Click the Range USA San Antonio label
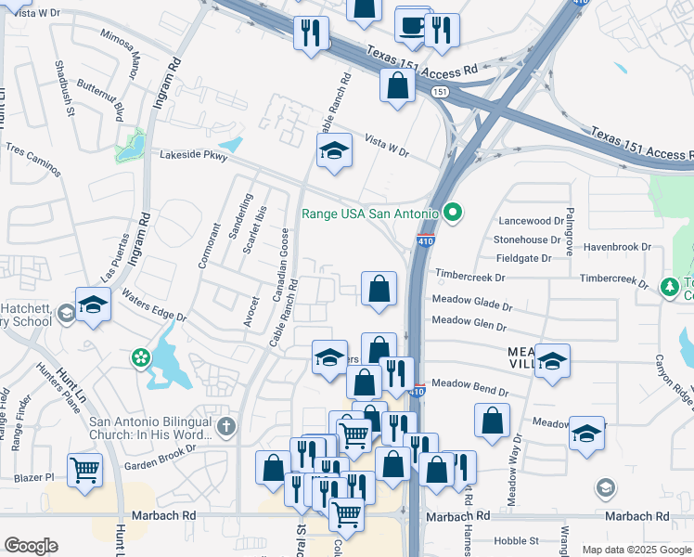click(x=370, y=214)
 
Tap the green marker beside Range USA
click(x=453, y=214)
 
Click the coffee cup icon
click(x=412, y=26)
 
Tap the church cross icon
click(x=226, y=427)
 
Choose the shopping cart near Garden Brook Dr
click(x=84, y=469)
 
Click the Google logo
click(x=31, y=546)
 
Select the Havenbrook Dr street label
click(x=617, y=247)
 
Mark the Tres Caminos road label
click(x=33, y=161)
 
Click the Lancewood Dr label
click(x=531, y=222)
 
